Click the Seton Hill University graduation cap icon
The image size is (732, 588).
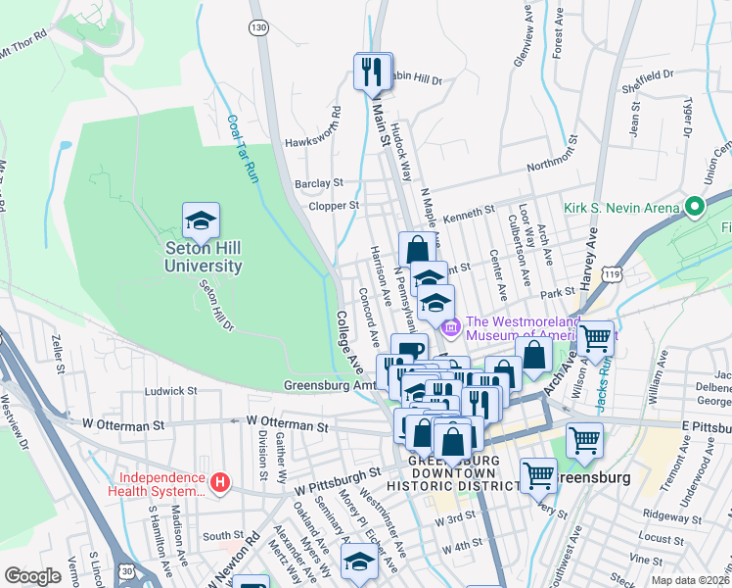pos(201,222)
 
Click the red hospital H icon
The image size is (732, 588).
pos(222,482)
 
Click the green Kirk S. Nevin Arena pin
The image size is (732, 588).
pos(695,208)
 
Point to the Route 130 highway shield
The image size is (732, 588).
pos(258,28)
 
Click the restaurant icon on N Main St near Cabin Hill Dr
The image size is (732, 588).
pos(372,71)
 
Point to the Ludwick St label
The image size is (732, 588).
pos(172,390)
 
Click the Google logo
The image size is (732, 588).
pos(33,576)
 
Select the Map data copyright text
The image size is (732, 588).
pos(690,580)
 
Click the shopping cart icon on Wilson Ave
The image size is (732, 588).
pos(595,339)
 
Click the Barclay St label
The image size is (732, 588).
pos(319,182)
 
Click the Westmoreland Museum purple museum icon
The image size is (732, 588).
pos(450,326)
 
